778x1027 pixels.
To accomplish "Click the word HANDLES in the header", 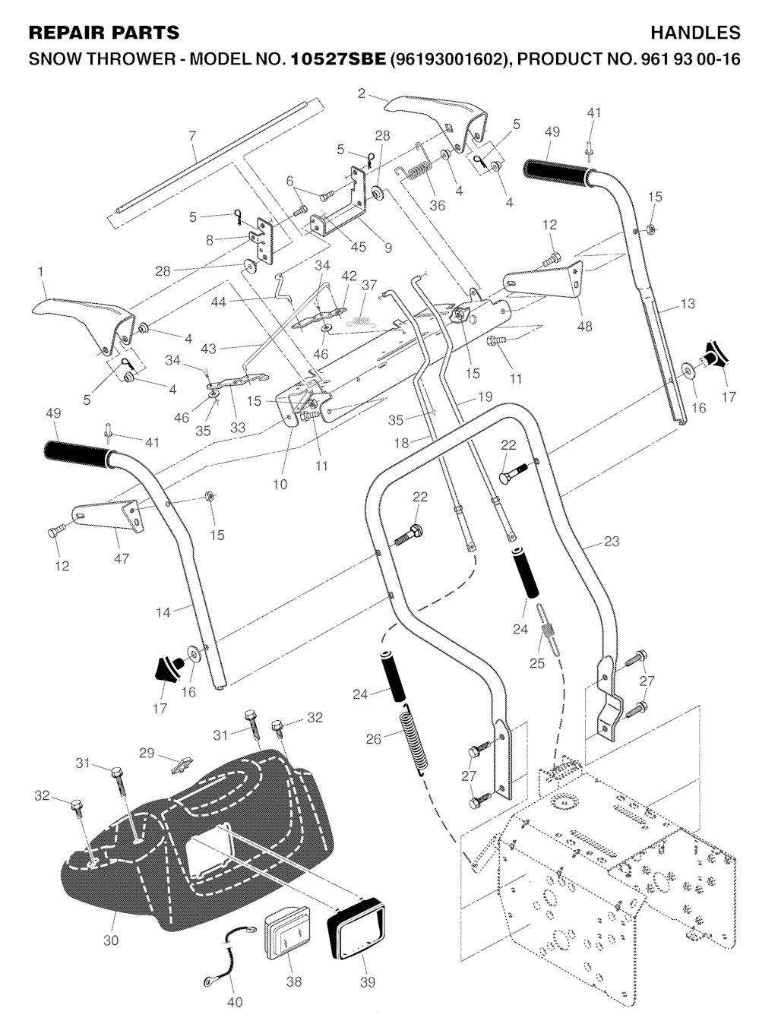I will pos(695,33).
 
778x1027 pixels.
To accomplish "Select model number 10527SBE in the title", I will pos(338,59).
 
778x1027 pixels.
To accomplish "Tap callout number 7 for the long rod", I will pos(192,136).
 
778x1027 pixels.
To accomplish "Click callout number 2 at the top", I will pos(362,94).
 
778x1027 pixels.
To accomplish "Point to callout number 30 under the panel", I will pos(111,940).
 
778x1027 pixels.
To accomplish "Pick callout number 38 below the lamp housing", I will pos(293,981).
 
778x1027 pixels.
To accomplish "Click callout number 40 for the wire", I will pos(235,1002).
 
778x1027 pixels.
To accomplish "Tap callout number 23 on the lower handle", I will pos(612,542).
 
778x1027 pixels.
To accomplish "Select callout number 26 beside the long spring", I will pos(373,738).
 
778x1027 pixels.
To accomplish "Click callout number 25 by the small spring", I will pos(537,663).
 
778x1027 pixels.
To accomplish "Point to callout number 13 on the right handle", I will pos(687,305).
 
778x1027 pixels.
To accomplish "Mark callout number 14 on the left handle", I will pos(163,611).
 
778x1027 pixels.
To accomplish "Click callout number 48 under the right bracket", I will pos(585,327).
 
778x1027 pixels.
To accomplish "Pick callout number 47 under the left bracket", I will pos(121,558).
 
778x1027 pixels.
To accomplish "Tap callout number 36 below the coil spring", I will pos(437,205).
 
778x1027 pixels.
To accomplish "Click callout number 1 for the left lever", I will pos(40,271).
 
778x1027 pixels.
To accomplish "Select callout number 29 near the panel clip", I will pos(147,753).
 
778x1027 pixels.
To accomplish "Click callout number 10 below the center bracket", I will pos(280,484).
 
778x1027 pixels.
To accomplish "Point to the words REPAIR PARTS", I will pos(104,33).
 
